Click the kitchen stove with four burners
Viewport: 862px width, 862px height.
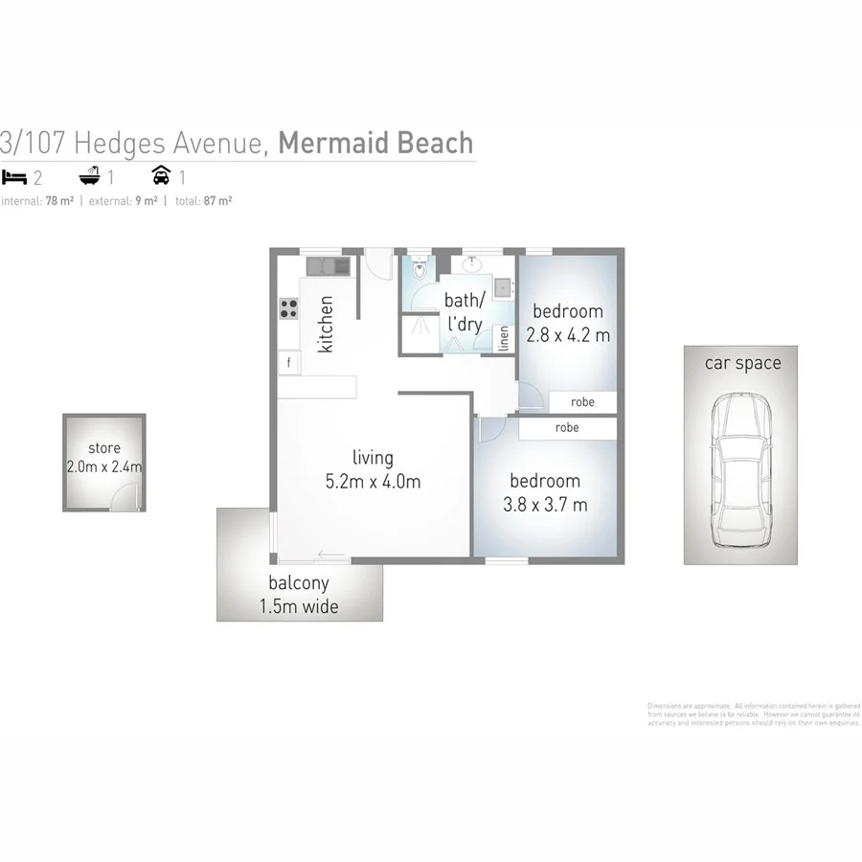click(x=288, y=308)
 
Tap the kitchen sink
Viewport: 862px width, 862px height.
click(x=319, y=264)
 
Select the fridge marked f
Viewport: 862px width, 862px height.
click(x=288, y=363)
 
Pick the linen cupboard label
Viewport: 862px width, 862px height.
click(x=504, y=339)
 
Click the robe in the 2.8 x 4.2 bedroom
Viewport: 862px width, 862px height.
click(x=582, y=402)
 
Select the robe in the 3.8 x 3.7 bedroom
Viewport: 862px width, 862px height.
click(x=567, y=428)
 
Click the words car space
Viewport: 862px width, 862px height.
click(x=742, y=363)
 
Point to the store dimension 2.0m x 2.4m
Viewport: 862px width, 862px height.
click(x=104, y=467)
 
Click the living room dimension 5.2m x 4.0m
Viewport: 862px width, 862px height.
click(x=373, y=482)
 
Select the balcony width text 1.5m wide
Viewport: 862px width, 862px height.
click(x=299, y=606)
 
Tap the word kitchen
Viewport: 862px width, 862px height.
click(x=327, y=324)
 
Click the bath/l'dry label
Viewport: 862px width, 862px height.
click(x=465, y=312)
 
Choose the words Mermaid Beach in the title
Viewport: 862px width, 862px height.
click(x=375, y=143)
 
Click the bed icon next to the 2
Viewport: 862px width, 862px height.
click(x=13, y=177)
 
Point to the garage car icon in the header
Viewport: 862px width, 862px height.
click(x=162, y=176)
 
